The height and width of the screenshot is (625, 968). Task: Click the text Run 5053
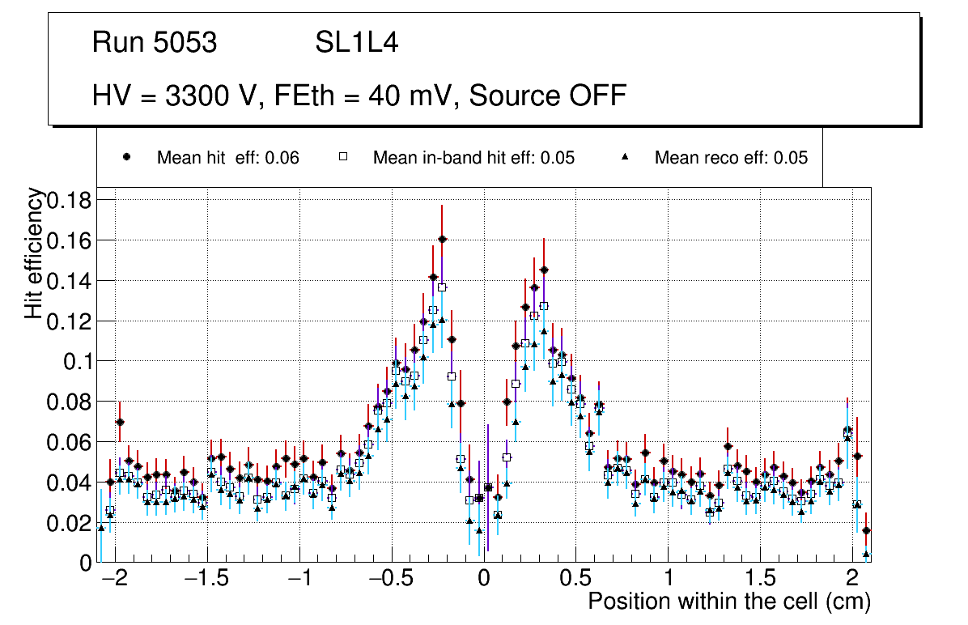(155, 43)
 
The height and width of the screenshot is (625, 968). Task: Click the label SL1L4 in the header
(356, 43)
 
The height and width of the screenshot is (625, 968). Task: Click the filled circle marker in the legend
(126, 157)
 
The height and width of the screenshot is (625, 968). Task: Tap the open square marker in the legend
(342, 157)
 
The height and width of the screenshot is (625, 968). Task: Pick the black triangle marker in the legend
(624, 157)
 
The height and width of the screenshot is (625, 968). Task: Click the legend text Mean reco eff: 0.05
(731, 158)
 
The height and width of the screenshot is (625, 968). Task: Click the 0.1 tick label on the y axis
(79, 361)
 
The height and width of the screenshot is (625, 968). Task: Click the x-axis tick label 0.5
(575, 580)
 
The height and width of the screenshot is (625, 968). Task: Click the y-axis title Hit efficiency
(35, 253)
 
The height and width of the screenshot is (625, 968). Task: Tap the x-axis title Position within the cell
(728, 602)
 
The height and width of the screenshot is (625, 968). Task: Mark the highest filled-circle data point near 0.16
(442, 239)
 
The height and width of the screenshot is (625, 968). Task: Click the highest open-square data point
(442, 287)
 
